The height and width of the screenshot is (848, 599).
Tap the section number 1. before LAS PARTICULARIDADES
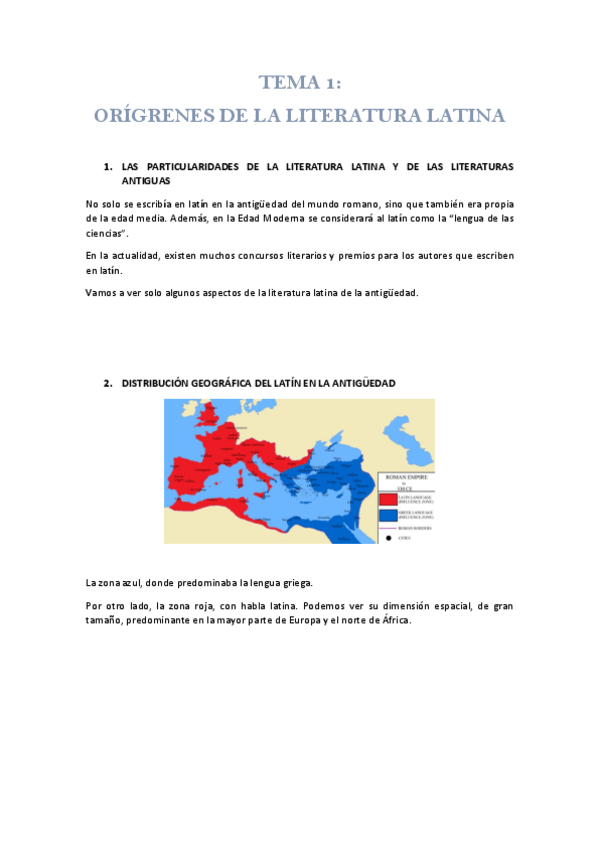(x=108, y=166)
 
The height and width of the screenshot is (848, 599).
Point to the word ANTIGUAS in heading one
(x=146, y=182)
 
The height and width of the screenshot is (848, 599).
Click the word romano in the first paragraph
(x=351, y=204)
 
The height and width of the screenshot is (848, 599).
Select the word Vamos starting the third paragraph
(x=101, y=293)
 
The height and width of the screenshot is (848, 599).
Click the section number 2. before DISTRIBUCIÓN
(x=108, y=383)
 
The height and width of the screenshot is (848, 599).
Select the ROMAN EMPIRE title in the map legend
(x=406, y=478)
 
